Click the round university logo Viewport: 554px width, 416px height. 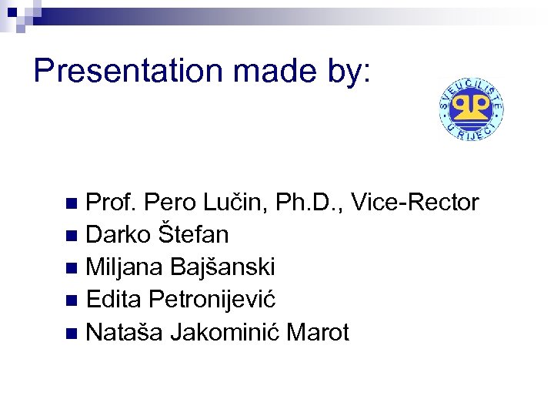point(472,109)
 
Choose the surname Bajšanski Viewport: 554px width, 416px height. point(222,267)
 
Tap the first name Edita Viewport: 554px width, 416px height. point(115,299)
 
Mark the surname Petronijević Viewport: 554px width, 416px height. point(213,299)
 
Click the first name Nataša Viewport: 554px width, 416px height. point(125,332)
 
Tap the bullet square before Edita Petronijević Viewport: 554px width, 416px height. point(72,300)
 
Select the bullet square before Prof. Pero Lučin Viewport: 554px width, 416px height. point(72,204)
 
